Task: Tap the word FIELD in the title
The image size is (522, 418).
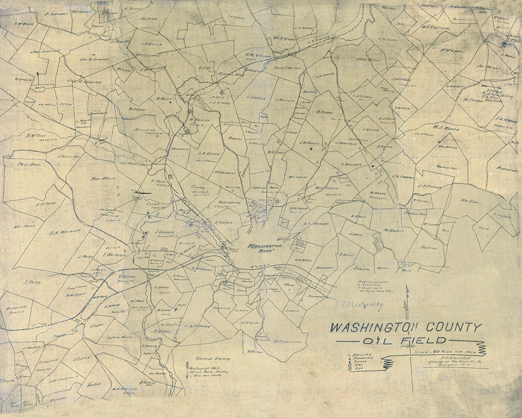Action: click(425, 341)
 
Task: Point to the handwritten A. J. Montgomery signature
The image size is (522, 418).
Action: click(358, 304)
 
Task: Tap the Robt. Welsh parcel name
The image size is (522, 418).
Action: click(103, 179)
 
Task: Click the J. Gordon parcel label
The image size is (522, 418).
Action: click(164, 232)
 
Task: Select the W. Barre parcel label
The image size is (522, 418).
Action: click(323, 112)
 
